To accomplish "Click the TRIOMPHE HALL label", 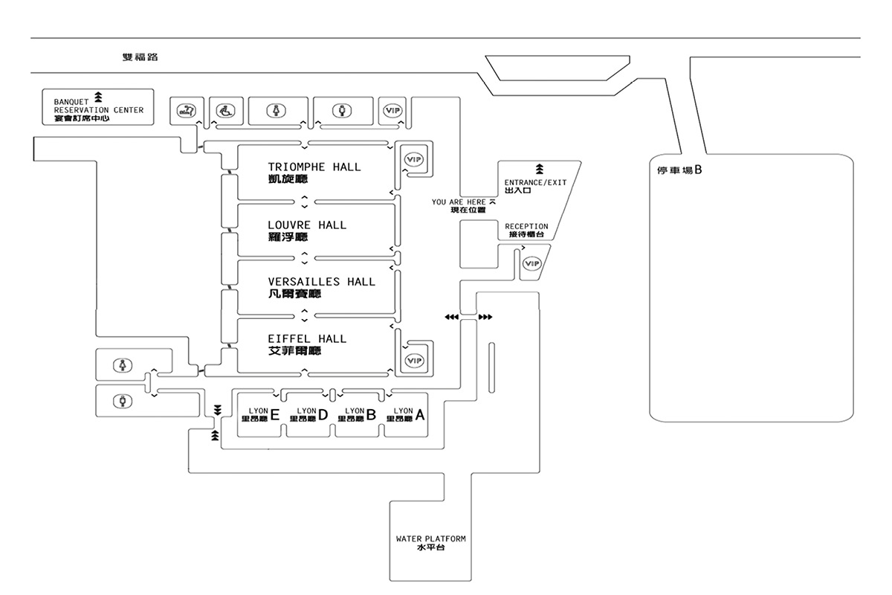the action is (314, 167).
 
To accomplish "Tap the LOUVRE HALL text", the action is (307, 225).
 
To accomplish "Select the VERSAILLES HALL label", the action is (321, 282).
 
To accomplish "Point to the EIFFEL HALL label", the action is (307, 338).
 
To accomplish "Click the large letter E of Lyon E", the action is (275, 415).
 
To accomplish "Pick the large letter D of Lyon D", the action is (323, 415).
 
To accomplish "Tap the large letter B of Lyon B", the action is (371, 415).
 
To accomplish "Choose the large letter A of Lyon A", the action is (420, 415).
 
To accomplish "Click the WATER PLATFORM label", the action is (431, 538).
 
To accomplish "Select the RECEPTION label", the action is (526, 226).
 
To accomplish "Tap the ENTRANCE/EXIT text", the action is (535, 182).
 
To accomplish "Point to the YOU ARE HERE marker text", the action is (459, 202).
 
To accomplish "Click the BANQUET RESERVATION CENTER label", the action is (99, 106).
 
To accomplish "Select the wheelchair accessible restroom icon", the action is (226, 110).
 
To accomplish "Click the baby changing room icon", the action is (187, 110).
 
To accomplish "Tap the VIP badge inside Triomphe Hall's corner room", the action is (414, 159).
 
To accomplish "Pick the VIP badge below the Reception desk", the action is (532, 263).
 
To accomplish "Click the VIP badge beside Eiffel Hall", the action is (414, 361).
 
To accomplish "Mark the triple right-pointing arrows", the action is (485, 318).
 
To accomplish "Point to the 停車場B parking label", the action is (679, 170).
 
